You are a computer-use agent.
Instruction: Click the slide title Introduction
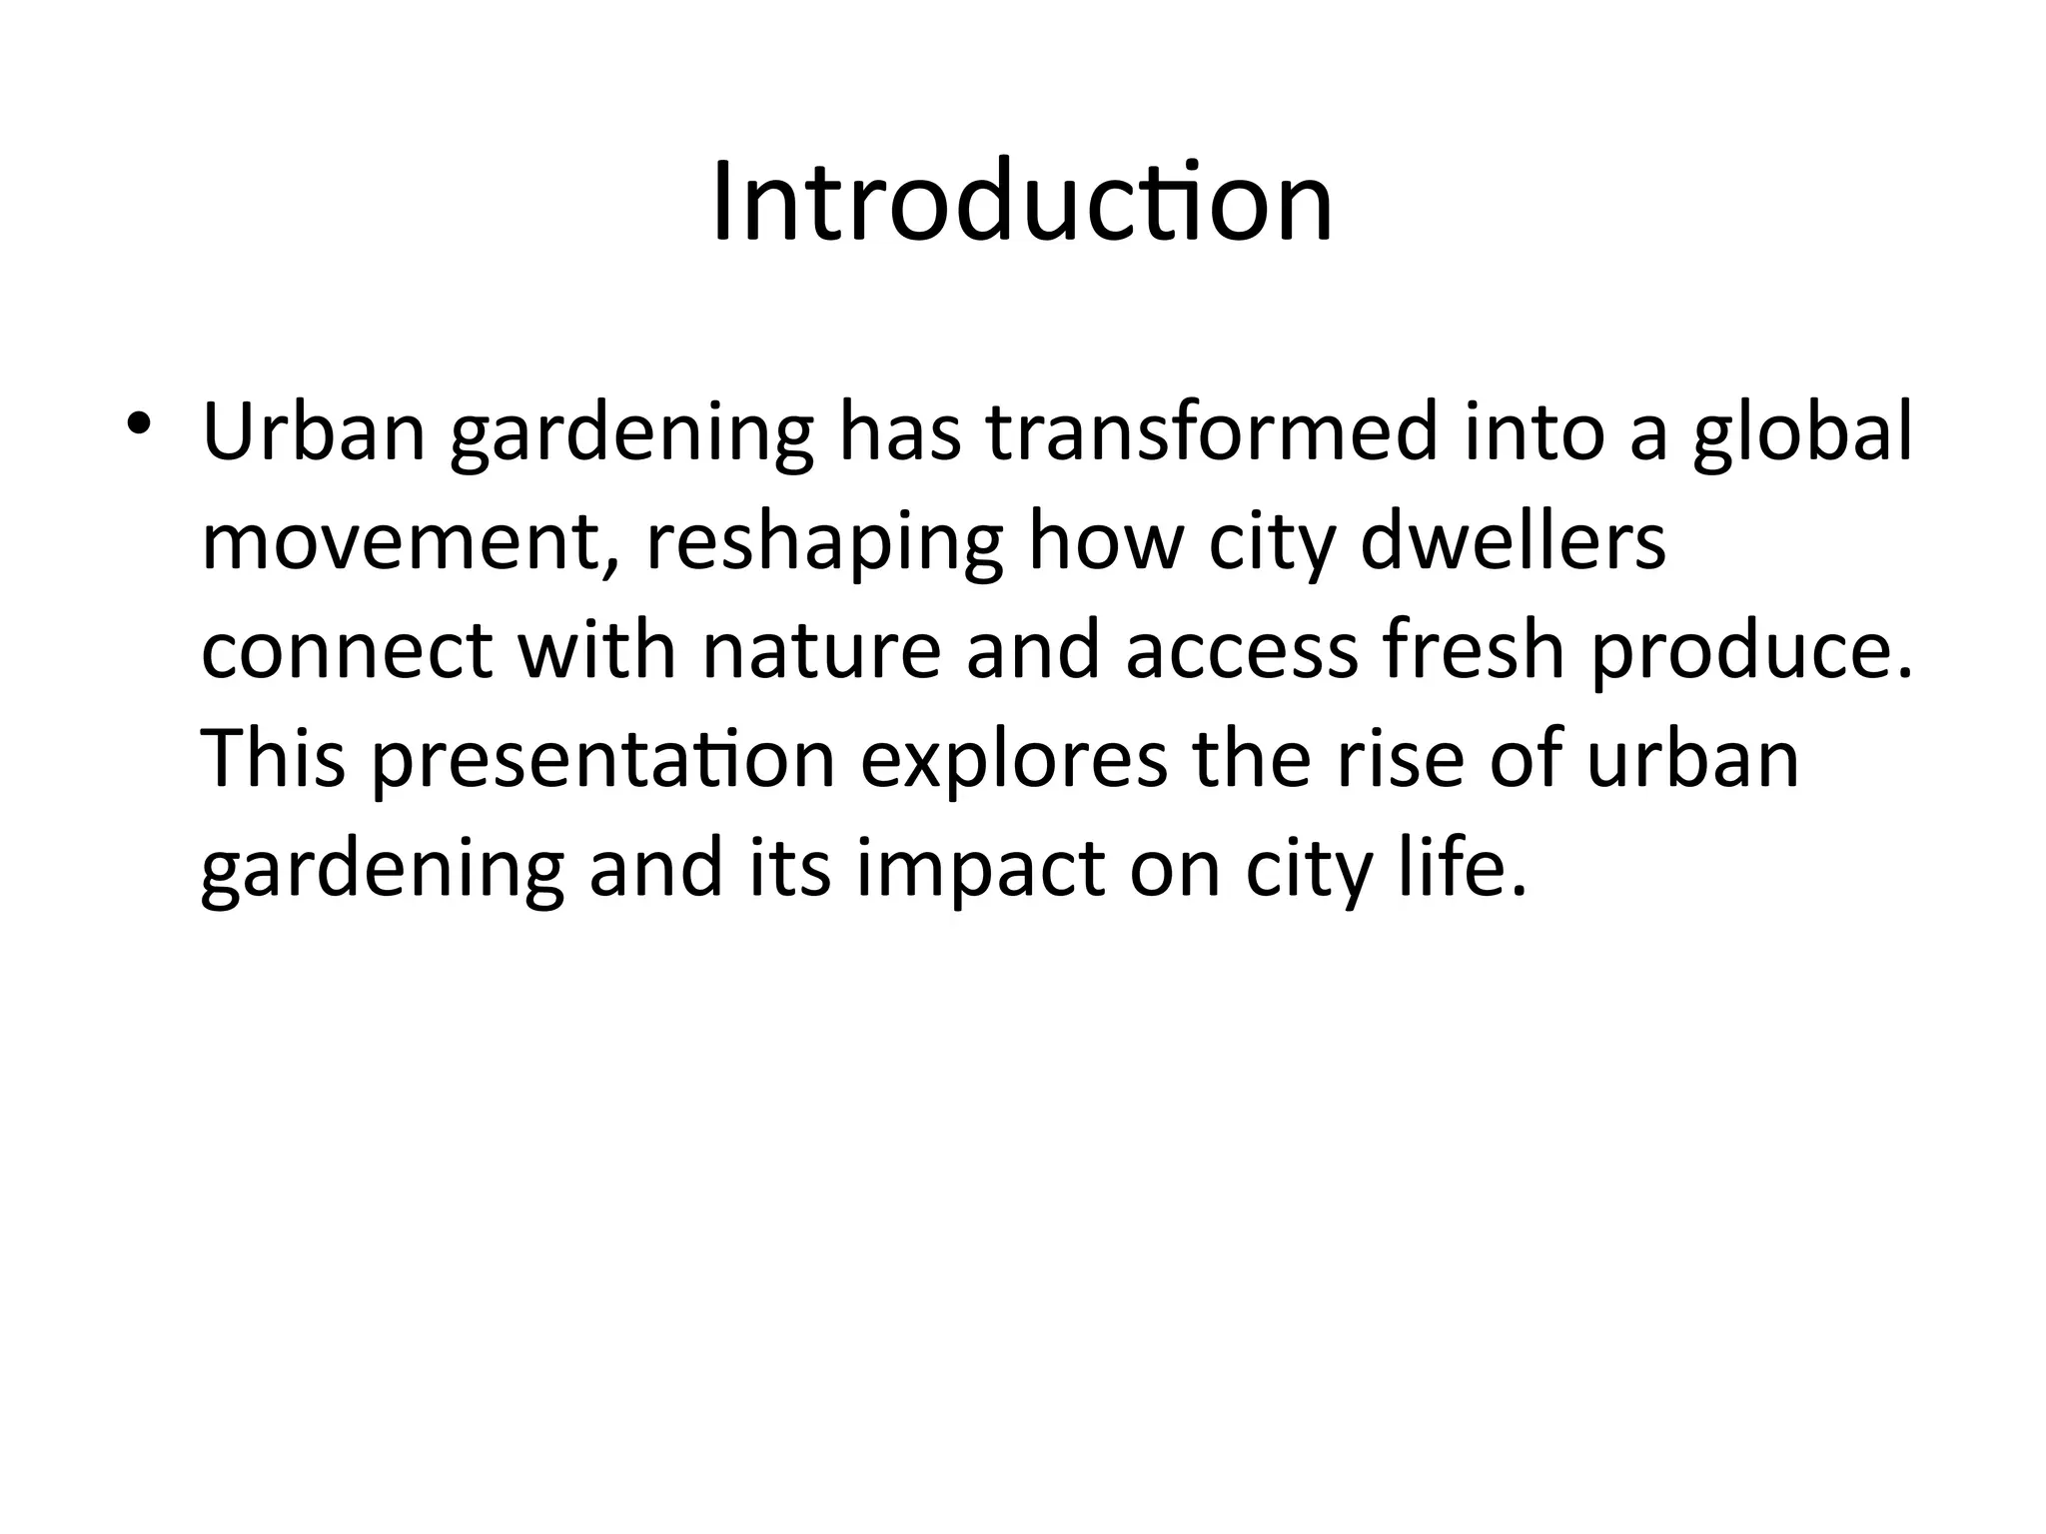[x=1022, y=203]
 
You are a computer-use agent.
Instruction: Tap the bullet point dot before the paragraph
[x=138, y=423]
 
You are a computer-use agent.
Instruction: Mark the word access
[x=1242, y=651]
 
